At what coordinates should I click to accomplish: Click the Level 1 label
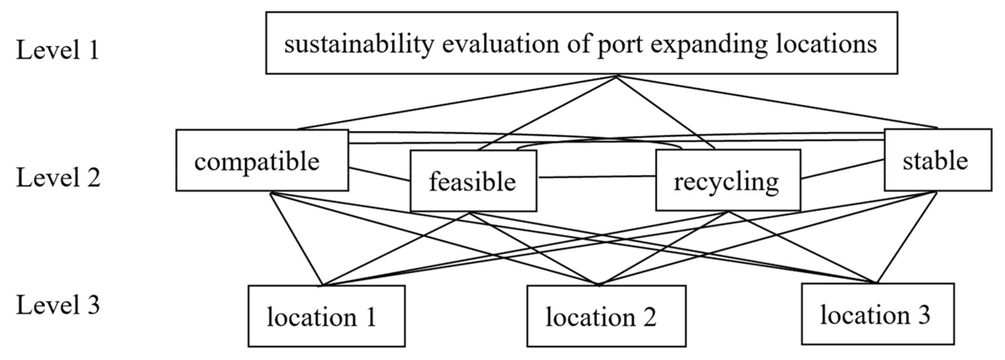57,50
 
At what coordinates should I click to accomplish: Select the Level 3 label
58,305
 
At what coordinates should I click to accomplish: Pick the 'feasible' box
473,181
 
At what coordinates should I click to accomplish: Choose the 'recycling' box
728,181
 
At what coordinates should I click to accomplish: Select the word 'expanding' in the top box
708,44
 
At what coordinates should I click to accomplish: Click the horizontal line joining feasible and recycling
596,177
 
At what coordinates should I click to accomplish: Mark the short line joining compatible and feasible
379,174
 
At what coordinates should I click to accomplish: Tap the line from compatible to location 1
297,239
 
